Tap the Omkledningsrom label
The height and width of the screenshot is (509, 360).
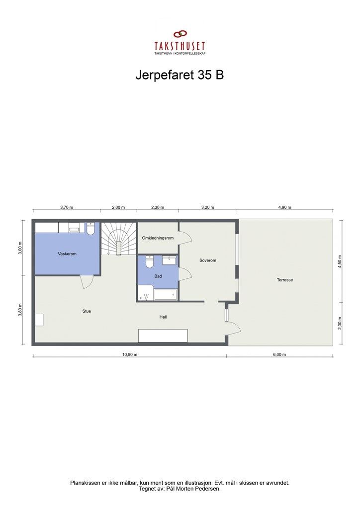pos(158,238)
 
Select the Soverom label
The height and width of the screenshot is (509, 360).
pos(208,260)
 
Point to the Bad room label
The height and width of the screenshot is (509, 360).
pos(158,275)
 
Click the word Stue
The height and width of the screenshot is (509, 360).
pos(87,311)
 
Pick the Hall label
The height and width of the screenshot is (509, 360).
pos(163,317)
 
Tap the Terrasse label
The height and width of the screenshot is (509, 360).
pos(285,280)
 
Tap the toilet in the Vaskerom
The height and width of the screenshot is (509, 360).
pos(90,229)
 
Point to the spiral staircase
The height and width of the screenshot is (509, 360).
pos(118,238)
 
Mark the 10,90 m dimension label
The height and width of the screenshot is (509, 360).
pos(130,355)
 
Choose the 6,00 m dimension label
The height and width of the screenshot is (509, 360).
pos(280,355)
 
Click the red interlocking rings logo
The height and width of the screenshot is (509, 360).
pos(180,35)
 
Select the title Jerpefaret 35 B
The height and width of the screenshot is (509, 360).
pos(180,75)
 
